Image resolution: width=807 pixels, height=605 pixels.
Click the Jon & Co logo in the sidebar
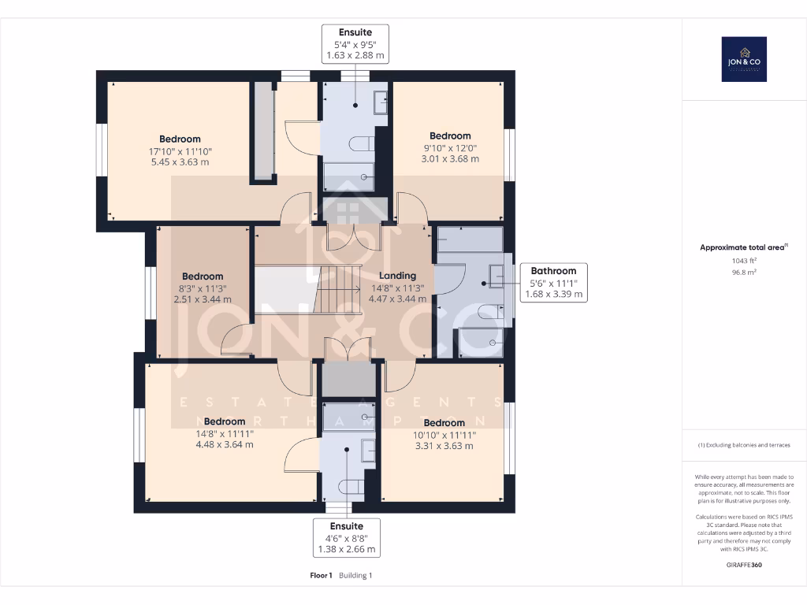coord(744,59)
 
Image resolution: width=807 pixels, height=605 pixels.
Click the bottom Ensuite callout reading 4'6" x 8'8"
coord(346,537)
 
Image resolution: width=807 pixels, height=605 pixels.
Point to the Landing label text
coord(397,276)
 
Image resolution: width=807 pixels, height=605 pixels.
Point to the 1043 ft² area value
coord(744,261)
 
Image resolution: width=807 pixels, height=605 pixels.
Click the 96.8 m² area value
coord(744,272)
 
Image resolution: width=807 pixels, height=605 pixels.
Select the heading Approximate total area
coord(743,247)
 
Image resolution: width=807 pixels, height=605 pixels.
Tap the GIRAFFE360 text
coord(744,565)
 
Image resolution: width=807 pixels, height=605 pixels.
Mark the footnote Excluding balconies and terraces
coord(744,445)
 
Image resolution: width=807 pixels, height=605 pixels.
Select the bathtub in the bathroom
coord(470,239)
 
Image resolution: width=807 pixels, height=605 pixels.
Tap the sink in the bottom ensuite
coord(368,450)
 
